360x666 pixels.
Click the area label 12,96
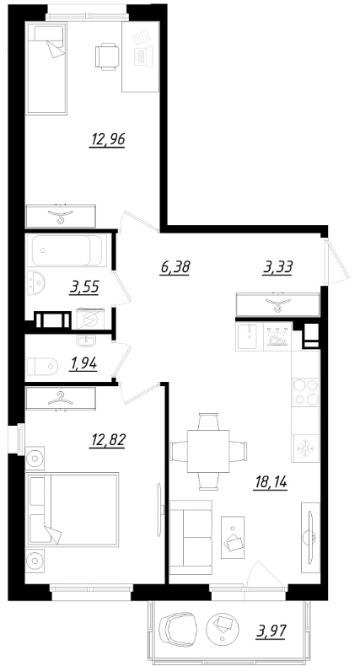tap(107, 139)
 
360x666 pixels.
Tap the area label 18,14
tap(270, 483)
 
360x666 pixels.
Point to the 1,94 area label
tap(83, 364)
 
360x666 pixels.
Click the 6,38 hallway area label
tap(175, 267)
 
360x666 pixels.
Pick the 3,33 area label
tap(278, 267)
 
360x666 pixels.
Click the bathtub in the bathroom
tap(67, 250)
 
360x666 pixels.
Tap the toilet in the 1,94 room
tap(42, 366)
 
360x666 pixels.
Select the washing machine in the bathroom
tap(90, 319)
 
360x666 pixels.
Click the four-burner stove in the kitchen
tap(306, 392)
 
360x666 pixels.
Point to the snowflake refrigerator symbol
tap(305, 448)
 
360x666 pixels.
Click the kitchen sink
tap(249, 337)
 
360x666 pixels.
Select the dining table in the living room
tap(208, 451)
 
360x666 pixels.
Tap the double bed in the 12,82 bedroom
tap(73, 510)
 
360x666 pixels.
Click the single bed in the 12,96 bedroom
tap(46, 68)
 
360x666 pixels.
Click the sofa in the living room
tap(191, 537)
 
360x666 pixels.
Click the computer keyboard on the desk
tap(140, 56)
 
